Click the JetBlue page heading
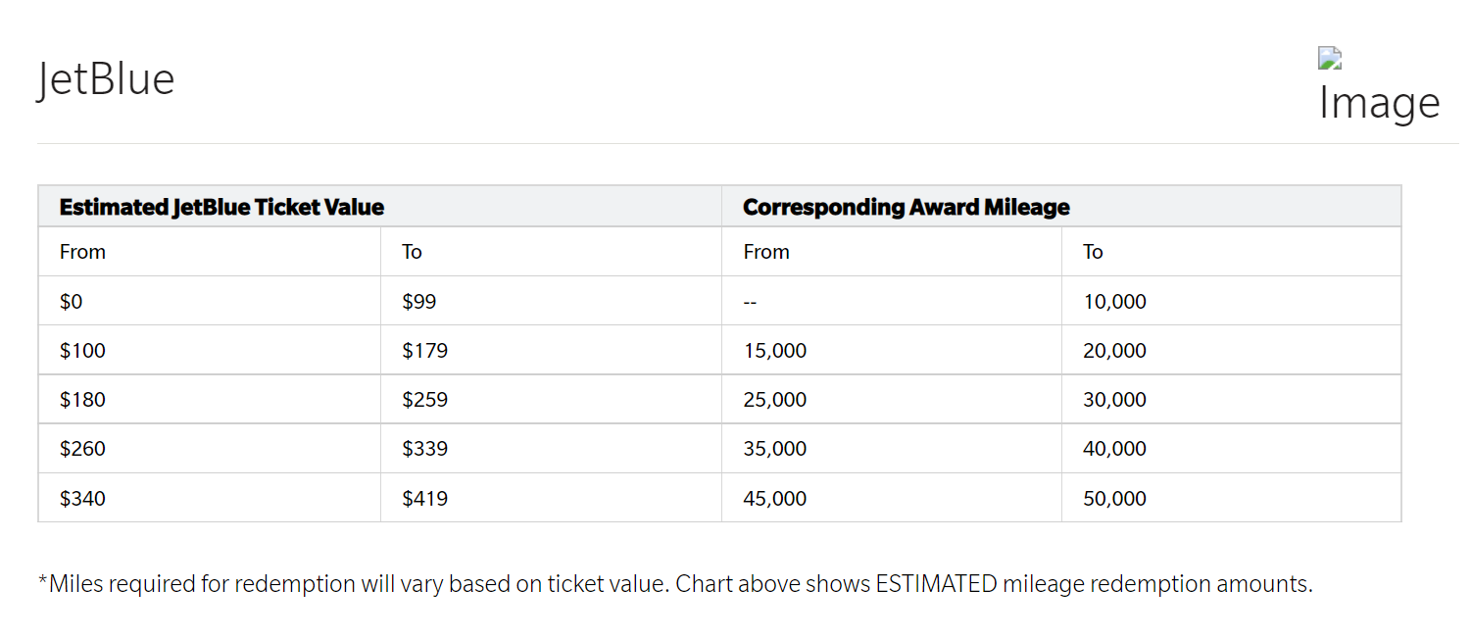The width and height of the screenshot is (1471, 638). click(x=106, y=79)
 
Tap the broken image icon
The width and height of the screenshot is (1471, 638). click(x=1330, y=59)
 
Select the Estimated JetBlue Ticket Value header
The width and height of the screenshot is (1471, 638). click(x=221, y=207)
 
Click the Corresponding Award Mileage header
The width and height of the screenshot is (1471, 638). click(x=906, y=207)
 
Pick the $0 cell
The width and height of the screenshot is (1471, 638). click(x=71, y=302)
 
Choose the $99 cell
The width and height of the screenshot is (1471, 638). click(x=419, y=302)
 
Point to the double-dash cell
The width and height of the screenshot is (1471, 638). click(x=751, y=302)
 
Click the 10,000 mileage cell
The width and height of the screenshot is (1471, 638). click(x=1114, y=302)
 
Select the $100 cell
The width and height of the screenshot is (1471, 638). click(x=82, y=351)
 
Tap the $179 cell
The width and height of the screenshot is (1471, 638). click(x=424, y=351)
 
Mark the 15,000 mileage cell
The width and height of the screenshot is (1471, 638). click(x=774, y=351)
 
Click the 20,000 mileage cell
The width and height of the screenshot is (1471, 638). click(x=1114, y=351)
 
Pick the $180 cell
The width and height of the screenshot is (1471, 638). click(x=82, y=400)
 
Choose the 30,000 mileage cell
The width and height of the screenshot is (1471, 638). click(x=1114, y=400)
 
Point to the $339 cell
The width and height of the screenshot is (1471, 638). click(x=424, y=449)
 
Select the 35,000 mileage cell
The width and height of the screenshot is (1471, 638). click(x=774, y=449)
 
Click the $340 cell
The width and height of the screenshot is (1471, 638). click(x=82, y=499)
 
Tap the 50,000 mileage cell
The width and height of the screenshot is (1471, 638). click(x=1114, y=499)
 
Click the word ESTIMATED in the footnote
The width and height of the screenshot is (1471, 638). click(x=936, y=584)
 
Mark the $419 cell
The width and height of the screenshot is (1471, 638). click(x=424, y=499)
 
